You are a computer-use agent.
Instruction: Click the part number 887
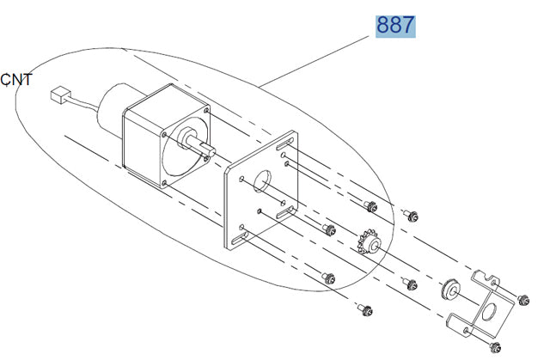click(394, 25)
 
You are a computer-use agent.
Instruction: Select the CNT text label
click(16, 80)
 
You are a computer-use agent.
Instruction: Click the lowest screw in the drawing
click(494, 347)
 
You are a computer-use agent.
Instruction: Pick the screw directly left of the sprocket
click(327, 228)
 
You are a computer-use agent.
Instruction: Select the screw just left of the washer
click(411, 284)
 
